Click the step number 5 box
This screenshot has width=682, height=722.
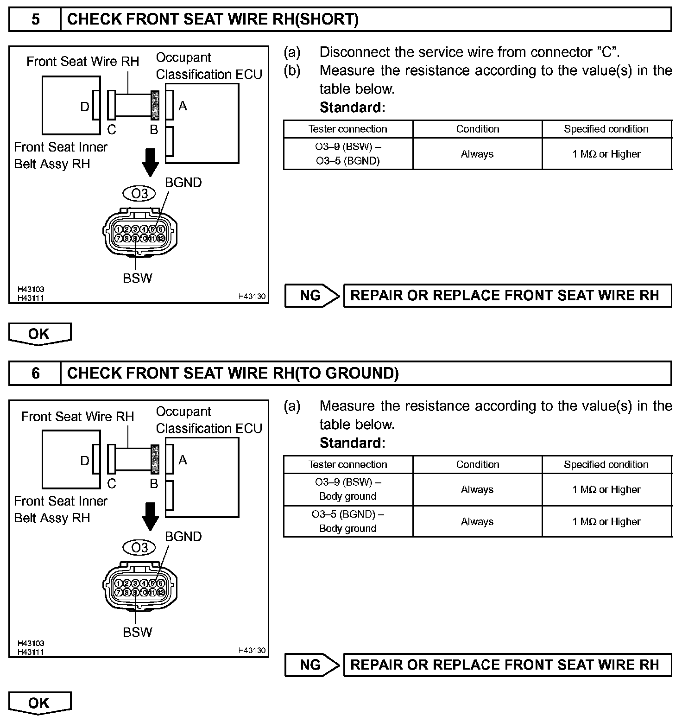click(x=35, y=19)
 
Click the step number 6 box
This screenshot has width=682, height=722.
click(x=35, y=374)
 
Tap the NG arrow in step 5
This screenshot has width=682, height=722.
click(x=312, y=296)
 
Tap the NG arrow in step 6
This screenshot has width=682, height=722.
click(x=312, y=665)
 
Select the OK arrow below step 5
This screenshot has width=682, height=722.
click(x=40, y=334)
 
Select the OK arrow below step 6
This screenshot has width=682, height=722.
click(x=40, y=703)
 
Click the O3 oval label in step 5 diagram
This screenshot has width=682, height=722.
click(x=139, y=193)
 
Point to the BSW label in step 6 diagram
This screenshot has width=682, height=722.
click(x=138, y=632)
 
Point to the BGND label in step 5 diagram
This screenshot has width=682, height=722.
click(x=183, y=183)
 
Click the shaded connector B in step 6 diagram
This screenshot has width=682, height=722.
click(x=155, y=459)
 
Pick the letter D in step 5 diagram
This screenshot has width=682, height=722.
click(x=84, y=107)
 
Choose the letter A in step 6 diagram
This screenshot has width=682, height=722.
click(x=183, y=460)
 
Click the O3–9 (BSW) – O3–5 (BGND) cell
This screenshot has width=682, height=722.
click(x=348, y=154)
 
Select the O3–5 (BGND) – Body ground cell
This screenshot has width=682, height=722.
click(x=348, y=521)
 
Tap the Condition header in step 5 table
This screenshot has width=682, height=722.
click(x=478, y=129)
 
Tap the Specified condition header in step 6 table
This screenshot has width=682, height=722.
click(x=606, y=465)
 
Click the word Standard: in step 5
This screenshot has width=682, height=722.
click(x=352, y=108)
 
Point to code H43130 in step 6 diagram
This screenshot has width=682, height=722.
click(x=252, y=650)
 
